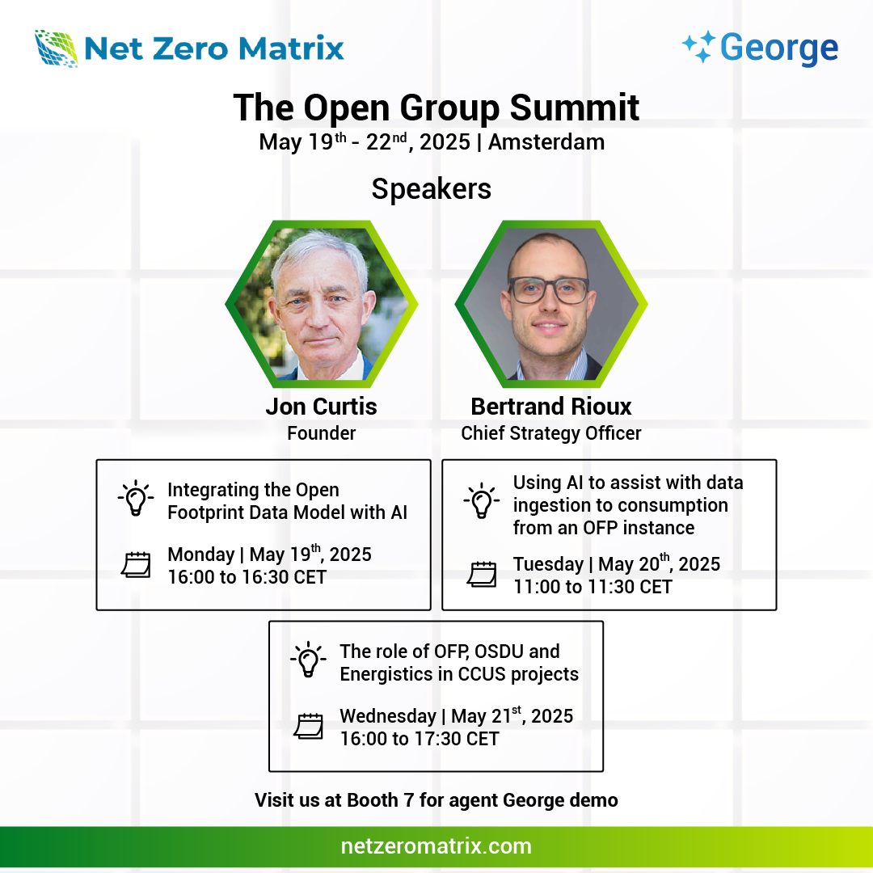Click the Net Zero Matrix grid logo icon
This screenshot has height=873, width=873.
57,48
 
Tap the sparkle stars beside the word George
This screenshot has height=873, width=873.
698,47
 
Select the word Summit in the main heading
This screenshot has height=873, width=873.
575,108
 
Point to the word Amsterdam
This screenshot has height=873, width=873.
546,142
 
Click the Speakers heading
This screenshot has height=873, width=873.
432,189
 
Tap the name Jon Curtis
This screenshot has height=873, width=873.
321,407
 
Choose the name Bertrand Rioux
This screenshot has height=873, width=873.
551,407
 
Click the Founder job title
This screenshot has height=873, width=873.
321,433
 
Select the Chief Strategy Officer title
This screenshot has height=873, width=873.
551,433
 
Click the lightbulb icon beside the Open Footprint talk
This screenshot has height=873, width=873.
136,498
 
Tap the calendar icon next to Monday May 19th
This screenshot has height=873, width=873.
137,565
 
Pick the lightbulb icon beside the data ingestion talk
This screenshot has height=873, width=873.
482,500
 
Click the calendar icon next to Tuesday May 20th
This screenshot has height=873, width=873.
482,575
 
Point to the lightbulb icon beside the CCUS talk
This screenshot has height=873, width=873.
309,660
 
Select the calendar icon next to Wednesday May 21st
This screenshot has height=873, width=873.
309,727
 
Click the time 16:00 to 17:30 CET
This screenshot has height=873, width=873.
420,739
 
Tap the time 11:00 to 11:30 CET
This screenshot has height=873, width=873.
593,587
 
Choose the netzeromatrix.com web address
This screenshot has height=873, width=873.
436,846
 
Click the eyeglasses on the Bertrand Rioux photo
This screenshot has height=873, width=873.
548,290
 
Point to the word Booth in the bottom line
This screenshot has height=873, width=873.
373,800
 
